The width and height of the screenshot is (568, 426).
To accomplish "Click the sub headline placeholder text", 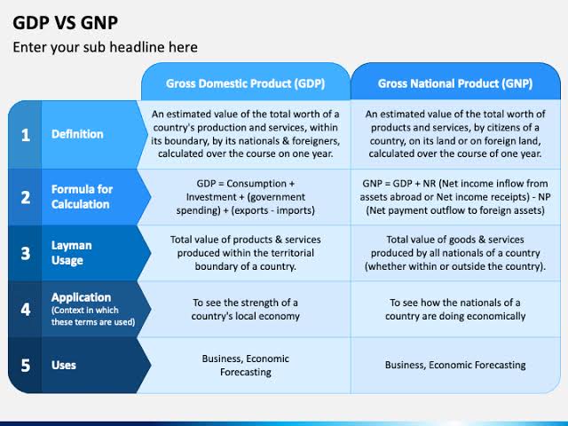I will pos(105,47).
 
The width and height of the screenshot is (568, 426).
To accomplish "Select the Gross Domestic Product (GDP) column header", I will pos(245,83).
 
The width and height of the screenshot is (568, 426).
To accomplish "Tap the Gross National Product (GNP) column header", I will pos(455,83).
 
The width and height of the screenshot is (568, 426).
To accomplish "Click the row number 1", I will pos(26,135).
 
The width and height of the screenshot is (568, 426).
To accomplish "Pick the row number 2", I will pos(26,197).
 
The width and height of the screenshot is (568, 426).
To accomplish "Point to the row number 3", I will pos(26,253).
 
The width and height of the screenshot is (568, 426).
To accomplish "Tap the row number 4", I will pos(26,309).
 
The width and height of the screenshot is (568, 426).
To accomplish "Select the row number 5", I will pos(26,365).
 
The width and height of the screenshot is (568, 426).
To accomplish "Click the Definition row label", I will pos(77,134).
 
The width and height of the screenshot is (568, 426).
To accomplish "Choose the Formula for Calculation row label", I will pos(81,197).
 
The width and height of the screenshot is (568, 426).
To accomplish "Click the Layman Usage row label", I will pos(72,253).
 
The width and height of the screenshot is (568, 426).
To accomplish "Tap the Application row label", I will pos(82,298).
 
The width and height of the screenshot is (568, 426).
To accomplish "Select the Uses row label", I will pos(64,365).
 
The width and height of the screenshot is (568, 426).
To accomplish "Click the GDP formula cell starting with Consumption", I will pos(245,196).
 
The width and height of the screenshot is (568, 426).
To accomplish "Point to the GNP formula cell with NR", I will pos(455,196).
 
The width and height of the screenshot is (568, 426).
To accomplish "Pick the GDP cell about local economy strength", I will pos(246,309).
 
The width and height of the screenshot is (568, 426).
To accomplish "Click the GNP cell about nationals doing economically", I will pos(455,309).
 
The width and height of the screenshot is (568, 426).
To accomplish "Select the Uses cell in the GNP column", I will pos(455,365).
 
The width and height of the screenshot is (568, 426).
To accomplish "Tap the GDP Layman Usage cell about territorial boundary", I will pos(246,253).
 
